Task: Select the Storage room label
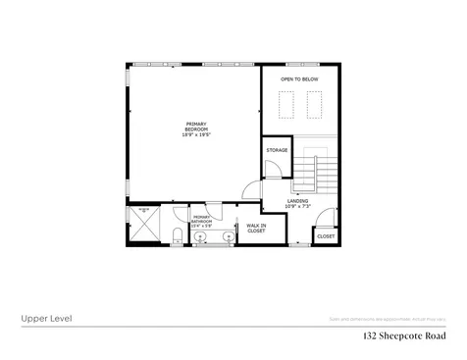tap(278, 150)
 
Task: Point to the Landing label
tap(296, 202)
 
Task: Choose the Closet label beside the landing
tap(326, 236)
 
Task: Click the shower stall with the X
tap(144, 225)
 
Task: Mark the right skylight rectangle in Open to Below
tap(317, 101)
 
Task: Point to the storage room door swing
tap(273, 171)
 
